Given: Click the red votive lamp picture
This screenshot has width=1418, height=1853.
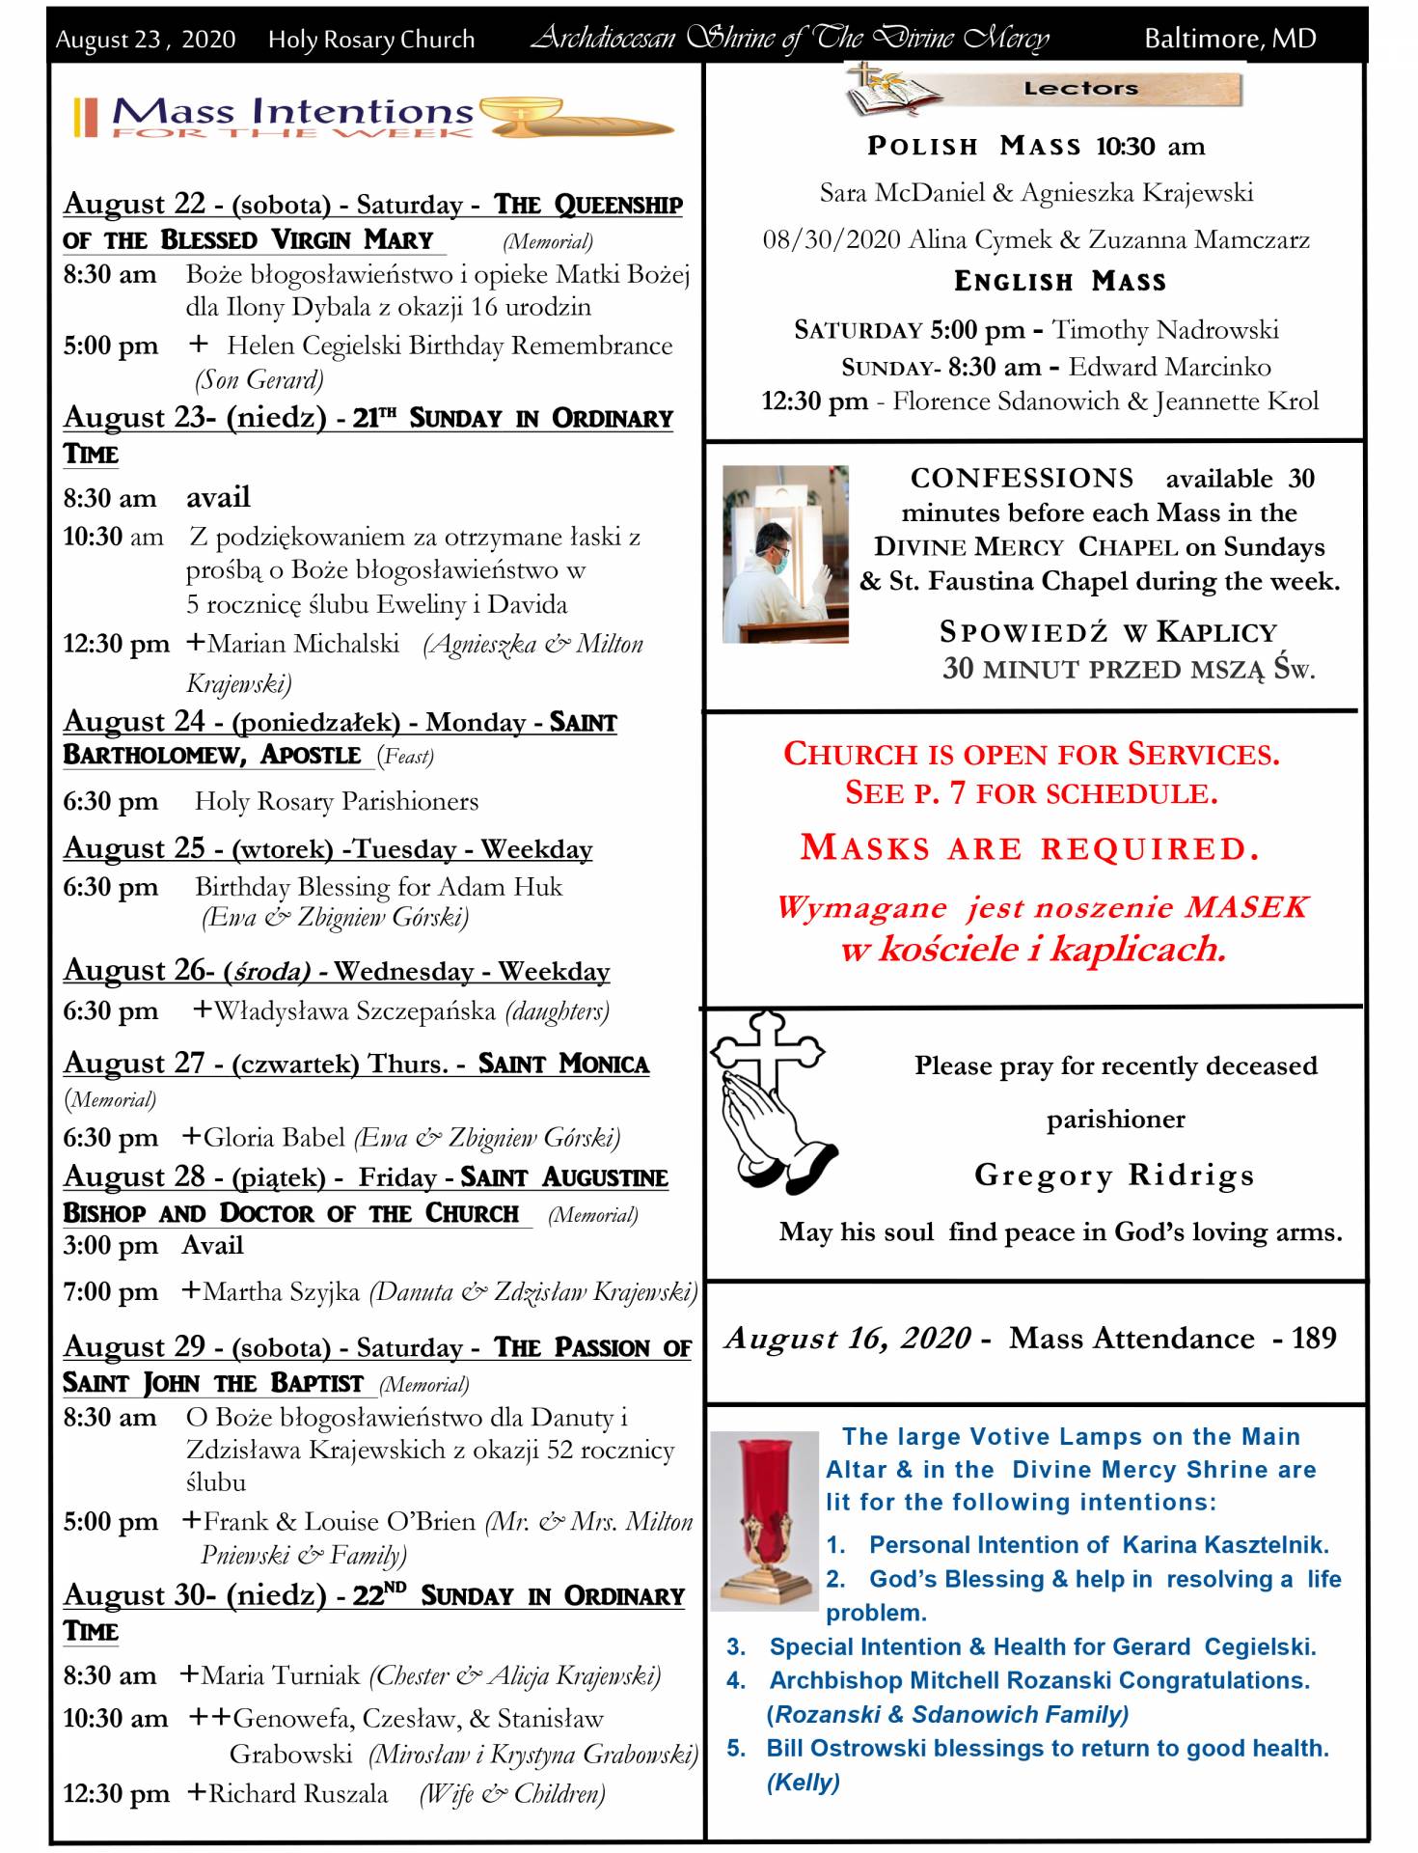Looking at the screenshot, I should pyautogui.click(x=763, y=1519).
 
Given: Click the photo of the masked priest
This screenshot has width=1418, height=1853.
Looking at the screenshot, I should pyautogui.click(x=785, y=554).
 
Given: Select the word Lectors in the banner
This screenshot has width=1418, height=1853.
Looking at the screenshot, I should pyautogui.click(x=1080, y=89).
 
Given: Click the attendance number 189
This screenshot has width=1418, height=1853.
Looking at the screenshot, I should pyautogui.click(x=1314, y=1338).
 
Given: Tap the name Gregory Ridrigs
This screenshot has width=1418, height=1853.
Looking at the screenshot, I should pyautogui.click(x=1114, y=1175).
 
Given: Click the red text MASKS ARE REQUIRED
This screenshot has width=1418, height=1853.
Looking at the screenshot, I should pyautogui.click(x=1030, y=848).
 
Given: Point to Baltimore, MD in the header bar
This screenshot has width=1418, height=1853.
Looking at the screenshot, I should pyautogui.click(x=1230, y=39).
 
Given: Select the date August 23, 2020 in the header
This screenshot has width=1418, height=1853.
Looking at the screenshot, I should pyautogui.click(x=145, y=40).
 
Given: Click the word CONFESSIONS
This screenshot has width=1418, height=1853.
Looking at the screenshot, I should pyautogui.click(x=1023, y=478).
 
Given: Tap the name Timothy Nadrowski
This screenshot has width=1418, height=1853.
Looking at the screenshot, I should pyautogui.click(x=1165, y=329).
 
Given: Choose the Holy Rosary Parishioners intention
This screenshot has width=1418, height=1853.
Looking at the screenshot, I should pyautogui.click(x=336, y=801).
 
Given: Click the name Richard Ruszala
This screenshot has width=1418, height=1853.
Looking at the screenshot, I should pyautogui.click(x=298, y=1793).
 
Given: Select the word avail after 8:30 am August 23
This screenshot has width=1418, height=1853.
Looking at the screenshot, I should pyautogui.click(x=218, y=497).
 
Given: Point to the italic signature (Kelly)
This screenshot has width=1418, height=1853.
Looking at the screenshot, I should pyautogui.click(x=803, y=1782).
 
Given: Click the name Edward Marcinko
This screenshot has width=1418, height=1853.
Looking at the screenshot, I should pyautogui.click(x=1169, y=367).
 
